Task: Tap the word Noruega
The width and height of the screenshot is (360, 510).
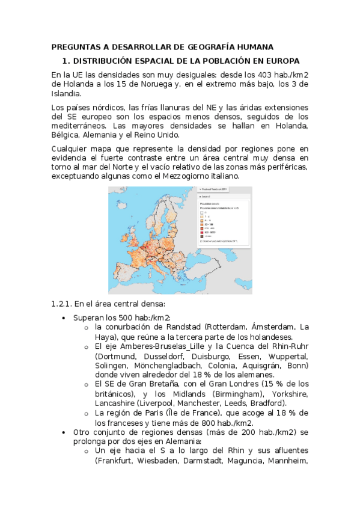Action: click(x=156, y=84)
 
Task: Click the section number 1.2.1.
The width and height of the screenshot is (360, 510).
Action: click(x=63, y=304)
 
